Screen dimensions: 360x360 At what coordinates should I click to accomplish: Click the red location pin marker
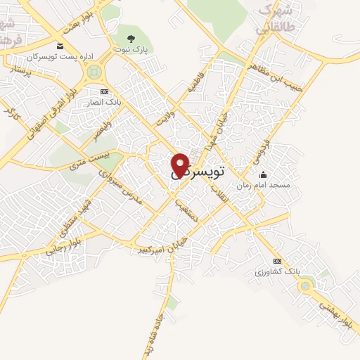pyautogui.click(x=180, y=165)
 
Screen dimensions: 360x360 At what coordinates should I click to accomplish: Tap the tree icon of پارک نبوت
pyautogui.click(x=131, y=37)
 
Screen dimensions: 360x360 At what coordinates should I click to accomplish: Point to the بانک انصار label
pyautogui.click(x=105, y=103)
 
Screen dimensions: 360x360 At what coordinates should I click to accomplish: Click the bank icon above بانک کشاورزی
pyautogui.click(x=277, y=259)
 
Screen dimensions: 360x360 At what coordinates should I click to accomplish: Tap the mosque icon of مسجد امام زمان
pyautogui.click(x=263, y=174)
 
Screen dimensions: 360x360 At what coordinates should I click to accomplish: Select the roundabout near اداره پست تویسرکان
pyautogui.click(x=93, y=71)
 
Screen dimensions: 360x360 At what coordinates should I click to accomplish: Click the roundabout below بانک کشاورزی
pyautogui.click(x=304, y=285)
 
